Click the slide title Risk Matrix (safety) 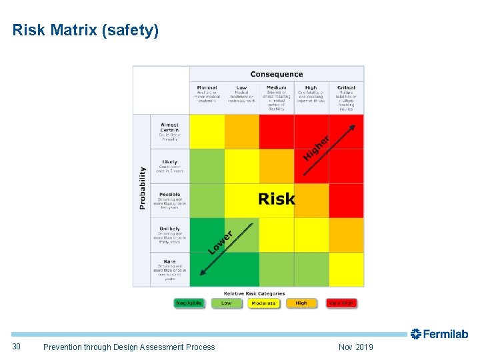click(x=85, y=30)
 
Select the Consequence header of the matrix click(x=276, y=74)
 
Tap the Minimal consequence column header click(x=207, y=87)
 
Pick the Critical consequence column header click(x=346, y=87)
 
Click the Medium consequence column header click(x=276, y=87)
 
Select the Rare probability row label click(x=169, y=262)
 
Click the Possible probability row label click(x=169, y=195)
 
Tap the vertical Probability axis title click(x=142, y=188)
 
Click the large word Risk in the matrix click(x=276, y=199)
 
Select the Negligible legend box click(x=189, y=303)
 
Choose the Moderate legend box click(x=264, y=303)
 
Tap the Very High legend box click(x=341, y=303)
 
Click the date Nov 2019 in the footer click(x=356, y=347)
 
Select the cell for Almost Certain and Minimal click(x=207, y=131)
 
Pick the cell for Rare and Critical click(x=347, y=269)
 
